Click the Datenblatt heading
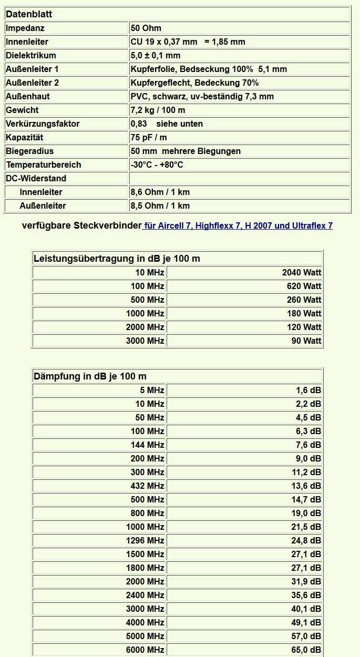click(29, 14)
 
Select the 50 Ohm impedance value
click(146, 28)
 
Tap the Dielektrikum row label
click(30, 55)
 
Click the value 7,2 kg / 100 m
click(158, 110)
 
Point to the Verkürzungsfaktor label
click(43, 124)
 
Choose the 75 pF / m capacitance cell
click(149, 137)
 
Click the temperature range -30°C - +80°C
click(157, 165)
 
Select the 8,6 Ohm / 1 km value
click(160, 192)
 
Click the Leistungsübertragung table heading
click(117, 258)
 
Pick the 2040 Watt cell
click(302, 272)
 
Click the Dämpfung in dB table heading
click(90, 376)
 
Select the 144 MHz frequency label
click(148, 445)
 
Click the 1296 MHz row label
click(145, 540)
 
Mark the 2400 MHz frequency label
click(145, 595)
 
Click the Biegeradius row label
click(30, 151)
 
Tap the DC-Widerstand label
click(36, 178)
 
